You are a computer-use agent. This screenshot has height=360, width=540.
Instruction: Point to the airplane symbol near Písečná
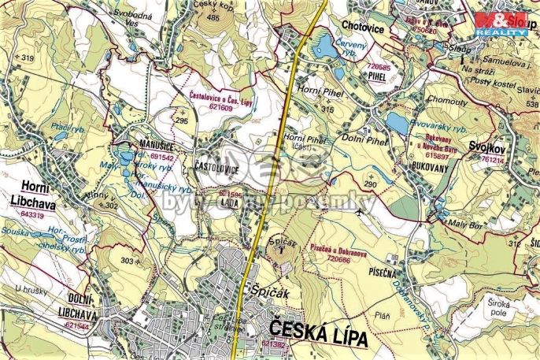click(361, 211)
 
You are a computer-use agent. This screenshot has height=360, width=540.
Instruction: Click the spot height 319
click(28, 58)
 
